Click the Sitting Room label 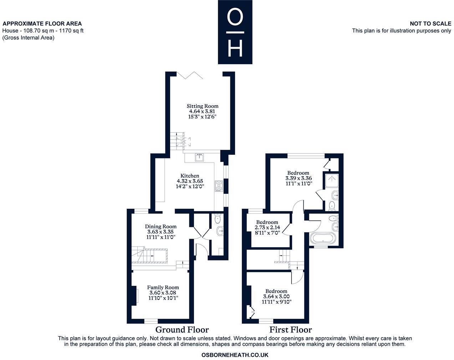coord(202,106)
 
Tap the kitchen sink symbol coord(199,157)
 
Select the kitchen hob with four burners coord(218,186)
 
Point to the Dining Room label coord(160,226)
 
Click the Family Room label coord(163,287)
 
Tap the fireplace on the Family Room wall coord(135,296)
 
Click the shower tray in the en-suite coord(331,181)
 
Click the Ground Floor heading coord(182,329)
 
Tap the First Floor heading coord(290,330)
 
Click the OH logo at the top coord(235,32)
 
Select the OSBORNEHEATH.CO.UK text coord(235,355)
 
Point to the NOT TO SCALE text coord(430,24)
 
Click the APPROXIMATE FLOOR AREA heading coord(42,24)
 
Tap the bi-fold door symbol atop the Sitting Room coord(190,75)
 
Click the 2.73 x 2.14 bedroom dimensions coord(267,227)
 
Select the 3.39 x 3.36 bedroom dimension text coord(299,178)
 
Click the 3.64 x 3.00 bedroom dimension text coord(276,296)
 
